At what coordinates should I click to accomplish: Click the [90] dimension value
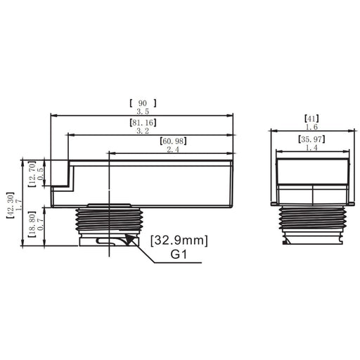click(x=143, y=103)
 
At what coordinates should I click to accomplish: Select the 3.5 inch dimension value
click(x=143, y=111)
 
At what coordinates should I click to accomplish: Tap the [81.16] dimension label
click(x=143, y=122)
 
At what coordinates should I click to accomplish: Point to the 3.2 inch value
click(x=143, y=131)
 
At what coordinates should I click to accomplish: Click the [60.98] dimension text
click(x=173, y=141)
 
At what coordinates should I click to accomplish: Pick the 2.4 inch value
click(x=173, y=149)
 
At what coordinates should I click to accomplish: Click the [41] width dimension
click(x=311, y=119)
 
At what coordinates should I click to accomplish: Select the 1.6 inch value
click(x=311, y=127)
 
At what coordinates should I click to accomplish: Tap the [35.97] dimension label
click(x=311, y=139)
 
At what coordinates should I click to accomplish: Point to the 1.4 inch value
click(x=311, y=148)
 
